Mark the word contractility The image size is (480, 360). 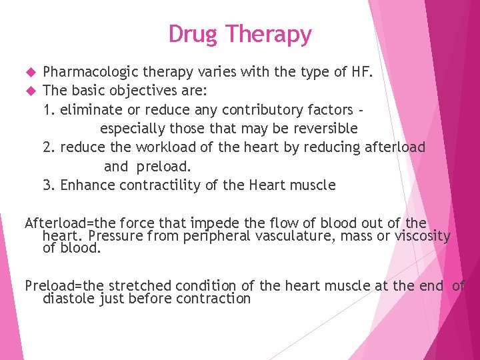(x=159, y=185)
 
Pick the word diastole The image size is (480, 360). (x=65, y=299)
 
